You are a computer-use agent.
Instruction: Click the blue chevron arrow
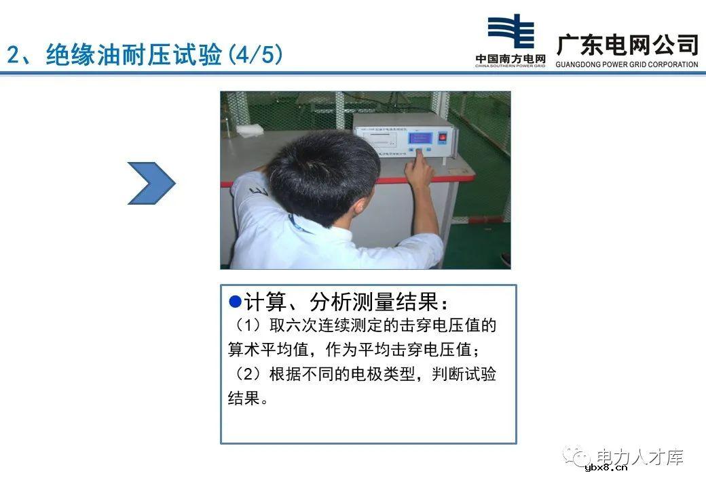pos(152,183)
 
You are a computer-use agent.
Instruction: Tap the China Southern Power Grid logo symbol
pos(510,32)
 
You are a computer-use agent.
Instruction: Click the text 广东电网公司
pos(627,45)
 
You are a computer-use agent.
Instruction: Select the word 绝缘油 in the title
pos(75,55)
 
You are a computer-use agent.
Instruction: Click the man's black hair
pos(319,169)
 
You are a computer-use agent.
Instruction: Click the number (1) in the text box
pos(246,326)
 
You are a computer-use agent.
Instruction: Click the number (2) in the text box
pos(246,374)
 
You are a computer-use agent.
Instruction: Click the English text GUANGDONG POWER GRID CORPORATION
pos(626,65)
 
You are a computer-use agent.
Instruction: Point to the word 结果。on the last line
pos(248,398)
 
